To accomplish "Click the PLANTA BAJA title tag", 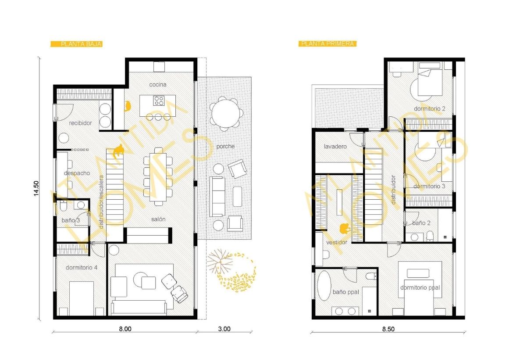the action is [x=76, y=44].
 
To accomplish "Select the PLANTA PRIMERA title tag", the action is [x=327, y=43].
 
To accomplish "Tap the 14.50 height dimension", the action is [x=36, y=189].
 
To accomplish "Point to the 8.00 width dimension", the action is [x=125, y=329].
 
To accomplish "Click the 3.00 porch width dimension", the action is [x=224, y=329].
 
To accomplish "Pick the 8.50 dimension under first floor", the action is [x=388, y=329].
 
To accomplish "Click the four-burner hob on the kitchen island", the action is [x=159, y=101].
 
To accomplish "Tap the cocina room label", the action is [x=158, y=85].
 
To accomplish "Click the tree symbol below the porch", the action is [x=220, y=261].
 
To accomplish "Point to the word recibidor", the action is [x=81, y=123].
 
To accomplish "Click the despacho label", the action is [x=77, y=173].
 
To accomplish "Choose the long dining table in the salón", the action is [x=158, y=176].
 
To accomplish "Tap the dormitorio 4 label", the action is [x=82, y=267].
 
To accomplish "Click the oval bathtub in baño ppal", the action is [x=324, y=285].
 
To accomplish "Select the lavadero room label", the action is [x=335, y=147].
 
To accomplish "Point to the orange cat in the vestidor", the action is [x=344, y=228].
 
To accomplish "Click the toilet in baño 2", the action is [x=430, y=236].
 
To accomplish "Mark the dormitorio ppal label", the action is [x=420, y=288].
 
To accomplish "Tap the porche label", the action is [x=225, y=146].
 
